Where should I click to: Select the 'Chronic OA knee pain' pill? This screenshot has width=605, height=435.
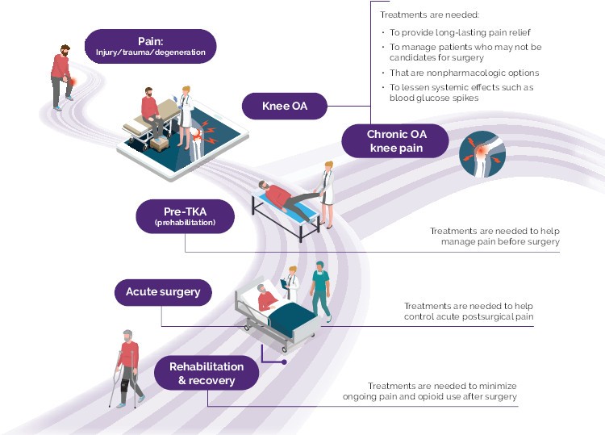[395, 140]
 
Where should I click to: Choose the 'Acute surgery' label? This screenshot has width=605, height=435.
[163, 291]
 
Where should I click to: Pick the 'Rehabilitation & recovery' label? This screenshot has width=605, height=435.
[207, 374]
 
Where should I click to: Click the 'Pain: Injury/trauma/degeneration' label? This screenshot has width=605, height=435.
[151, 46]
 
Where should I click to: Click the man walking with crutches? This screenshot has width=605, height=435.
[127, 367]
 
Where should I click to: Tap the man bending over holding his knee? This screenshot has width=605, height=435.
[61, 77]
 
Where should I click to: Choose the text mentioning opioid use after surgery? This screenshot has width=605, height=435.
[441, 391]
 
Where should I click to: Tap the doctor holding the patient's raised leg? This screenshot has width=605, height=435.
[326, 193]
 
